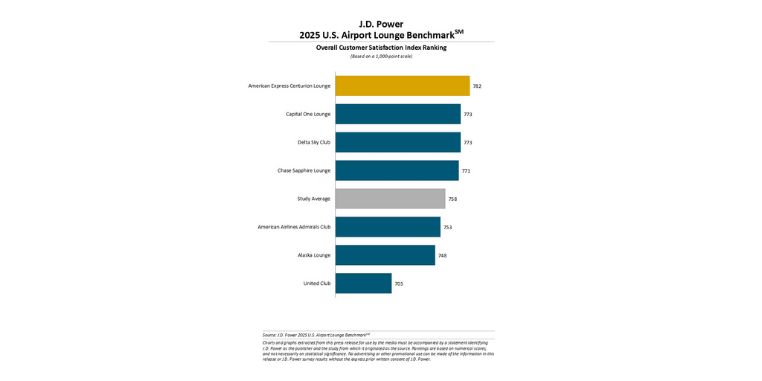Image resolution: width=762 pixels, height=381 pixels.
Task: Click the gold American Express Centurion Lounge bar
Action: [403, 86]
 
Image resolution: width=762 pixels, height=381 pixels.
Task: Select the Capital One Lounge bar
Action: [398, 114]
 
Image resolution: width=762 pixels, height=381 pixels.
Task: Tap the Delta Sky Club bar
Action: [398, 142]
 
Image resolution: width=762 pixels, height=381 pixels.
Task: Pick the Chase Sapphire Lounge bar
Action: [397, 170]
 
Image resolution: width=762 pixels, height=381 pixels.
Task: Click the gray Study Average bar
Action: [390, 199]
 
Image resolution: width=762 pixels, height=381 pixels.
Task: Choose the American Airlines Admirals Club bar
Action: [388, 227]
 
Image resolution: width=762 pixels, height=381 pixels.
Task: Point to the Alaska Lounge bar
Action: [385, 255]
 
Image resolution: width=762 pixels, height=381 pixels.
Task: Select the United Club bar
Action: [363, 284]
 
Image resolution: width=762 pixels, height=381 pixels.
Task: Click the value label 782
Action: [477, 86]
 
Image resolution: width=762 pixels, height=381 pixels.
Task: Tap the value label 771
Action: [466, 171]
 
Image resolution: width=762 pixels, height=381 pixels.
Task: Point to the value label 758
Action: [452, 199]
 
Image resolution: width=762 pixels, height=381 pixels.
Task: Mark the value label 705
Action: [399, 284]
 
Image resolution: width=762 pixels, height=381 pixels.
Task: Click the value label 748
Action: [442, 256]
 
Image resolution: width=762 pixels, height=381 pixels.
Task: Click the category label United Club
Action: [317, 284]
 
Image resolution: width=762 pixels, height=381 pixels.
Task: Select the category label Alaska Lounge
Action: [314, 255]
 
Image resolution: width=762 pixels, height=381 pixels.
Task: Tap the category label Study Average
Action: [313, 199]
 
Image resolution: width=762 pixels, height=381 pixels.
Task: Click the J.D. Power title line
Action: [381, 24]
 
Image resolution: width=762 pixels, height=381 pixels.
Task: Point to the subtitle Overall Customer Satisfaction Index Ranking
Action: [381, 48]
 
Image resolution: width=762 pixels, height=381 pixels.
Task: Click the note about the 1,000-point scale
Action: [381, 57]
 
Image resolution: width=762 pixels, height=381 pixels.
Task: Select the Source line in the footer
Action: [317, 335]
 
